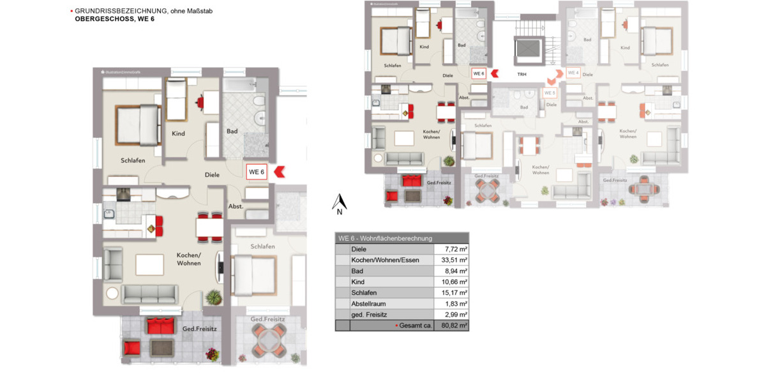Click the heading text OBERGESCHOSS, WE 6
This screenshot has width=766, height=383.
(x=114, y=19)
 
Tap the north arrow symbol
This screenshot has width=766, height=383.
(x=340, y=204)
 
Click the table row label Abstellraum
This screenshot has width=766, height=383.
(x=368, y=304)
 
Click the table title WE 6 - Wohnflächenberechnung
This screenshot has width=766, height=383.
(x=385, y=238)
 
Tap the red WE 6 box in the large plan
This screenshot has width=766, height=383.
(x=257, y=172)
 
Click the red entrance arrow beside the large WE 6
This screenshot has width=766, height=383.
(x=280, y=172)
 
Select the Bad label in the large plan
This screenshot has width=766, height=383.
(x=232, y=131)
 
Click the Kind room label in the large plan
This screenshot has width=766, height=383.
(x=178, y=133)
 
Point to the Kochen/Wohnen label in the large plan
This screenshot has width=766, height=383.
(x=188, y=259)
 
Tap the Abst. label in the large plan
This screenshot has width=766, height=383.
(x=236, y=207)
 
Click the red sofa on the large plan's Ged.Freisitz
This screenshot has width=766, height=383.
(x=160, y=326)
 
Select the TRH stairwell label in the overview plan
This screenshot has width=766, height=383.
(x=522, y=74)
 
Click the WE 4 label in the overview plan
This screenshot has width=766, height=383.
(x=573, y=73)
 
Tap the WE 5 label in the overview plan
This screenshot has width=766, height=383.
(x=550, y=93)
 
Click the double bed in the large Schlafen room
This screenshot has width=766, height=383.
(x=137, y=125)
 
